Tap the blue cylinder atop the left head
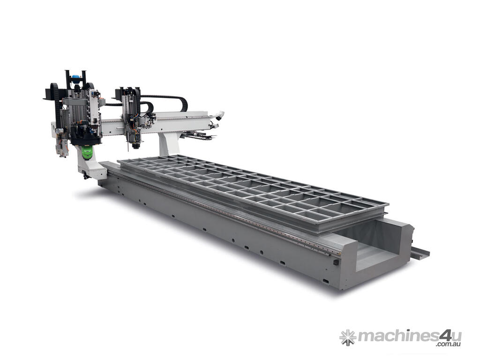tap(75, 77)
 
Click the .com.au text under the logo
tap(449, 345)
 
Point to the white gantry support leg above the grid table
tap(169, 142)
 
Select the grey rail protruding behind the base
tap(420, 250)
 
